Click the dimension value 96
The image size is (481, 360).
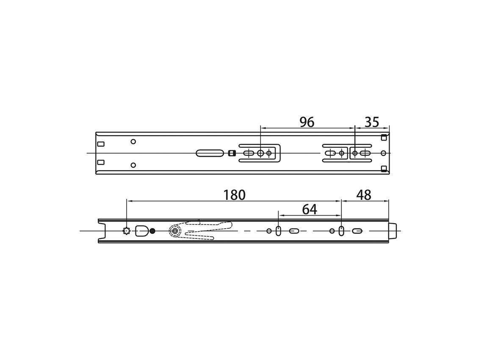(307, 122)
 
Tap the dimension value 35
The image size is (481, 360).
(372, 122)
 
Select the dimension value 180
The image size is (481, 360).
(235, 195)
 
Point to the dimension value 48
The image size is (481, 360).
(364, 195)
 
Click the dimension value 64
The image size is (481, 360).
(310, 210)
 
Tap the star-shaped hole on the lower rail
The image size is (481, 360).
(126, 231)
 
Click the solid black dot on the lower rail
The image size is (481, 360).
(152, 231)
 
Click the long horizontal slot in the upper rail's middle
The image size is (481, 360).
(210, 153)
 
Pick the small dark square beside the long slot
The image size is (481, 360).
(232, 153)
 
